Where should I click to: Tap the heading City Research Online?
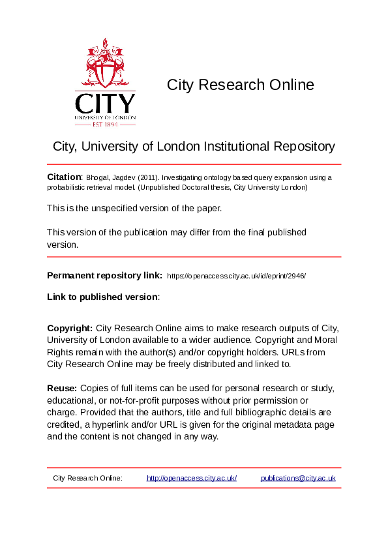click(240, 85)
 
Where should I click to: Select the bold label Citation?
click(64, 177)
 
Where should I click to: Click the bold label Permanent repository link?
click(104, 275)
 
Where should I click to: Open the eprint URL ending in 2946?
click(237, 276)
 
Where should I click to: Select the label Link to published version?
click(102, 297)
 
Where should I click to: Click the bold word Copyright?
click(70, 328)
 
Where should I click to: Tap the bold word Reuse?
click(61, 388)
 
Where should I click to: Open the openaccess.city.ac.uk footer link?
click(192, 478)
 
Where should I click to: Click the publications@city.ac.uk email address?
click(298, 478)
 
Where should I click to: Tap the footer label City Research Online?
click(87, 478)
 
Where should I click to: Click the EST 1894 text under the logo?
click(105, 124)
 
